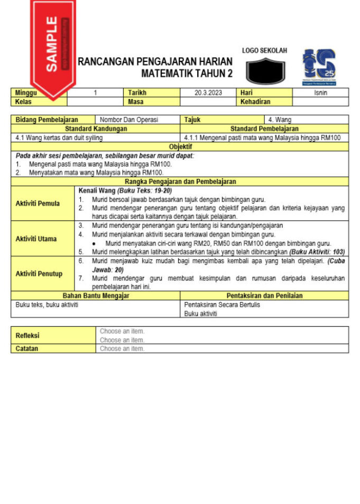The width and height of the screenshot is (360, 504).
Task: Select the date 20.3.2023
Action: tap(208, 93)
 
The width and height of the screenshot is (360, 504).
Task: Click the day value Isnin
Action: tap(320, 93)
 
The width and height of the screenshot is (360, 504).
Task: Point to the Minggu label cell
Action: tap(26, 93)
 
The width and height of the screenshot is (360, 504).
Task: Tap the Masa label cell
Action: tap(136, 101)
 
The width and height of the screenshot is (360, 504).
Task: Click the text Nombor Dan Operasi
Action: tap(129, 120)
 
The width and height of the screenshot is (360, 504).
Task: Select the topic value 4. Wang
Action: tap(280, 120)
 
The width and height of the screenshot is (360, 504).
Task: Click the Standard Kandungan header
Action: tap(96, 129)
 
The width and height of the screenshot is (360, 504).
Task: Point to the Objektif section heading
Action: tap(180, 146)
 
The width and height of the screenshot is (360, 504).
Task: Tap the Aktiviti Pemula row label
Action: tap(38, 203)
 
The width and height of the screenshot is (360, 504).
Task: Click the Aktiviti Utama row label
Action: tap(36, 239)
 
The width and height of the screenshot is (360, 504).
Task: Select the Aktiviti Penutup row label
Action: tap(39, 273)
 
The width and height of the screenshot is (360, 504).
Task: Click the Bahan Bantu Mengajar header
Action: tap(96, 296)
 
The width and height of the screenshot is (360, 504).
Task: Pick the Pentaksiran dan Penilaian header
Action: tap(264, 296)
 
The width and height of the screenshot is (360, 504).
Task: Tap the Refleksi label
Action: tap(27, 335)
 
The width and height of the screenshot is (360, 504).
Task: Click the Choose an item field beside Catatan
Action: tap(122, 349)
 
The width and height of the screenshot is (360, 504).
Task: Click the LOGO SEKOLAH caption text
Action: tap(264, 51)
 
